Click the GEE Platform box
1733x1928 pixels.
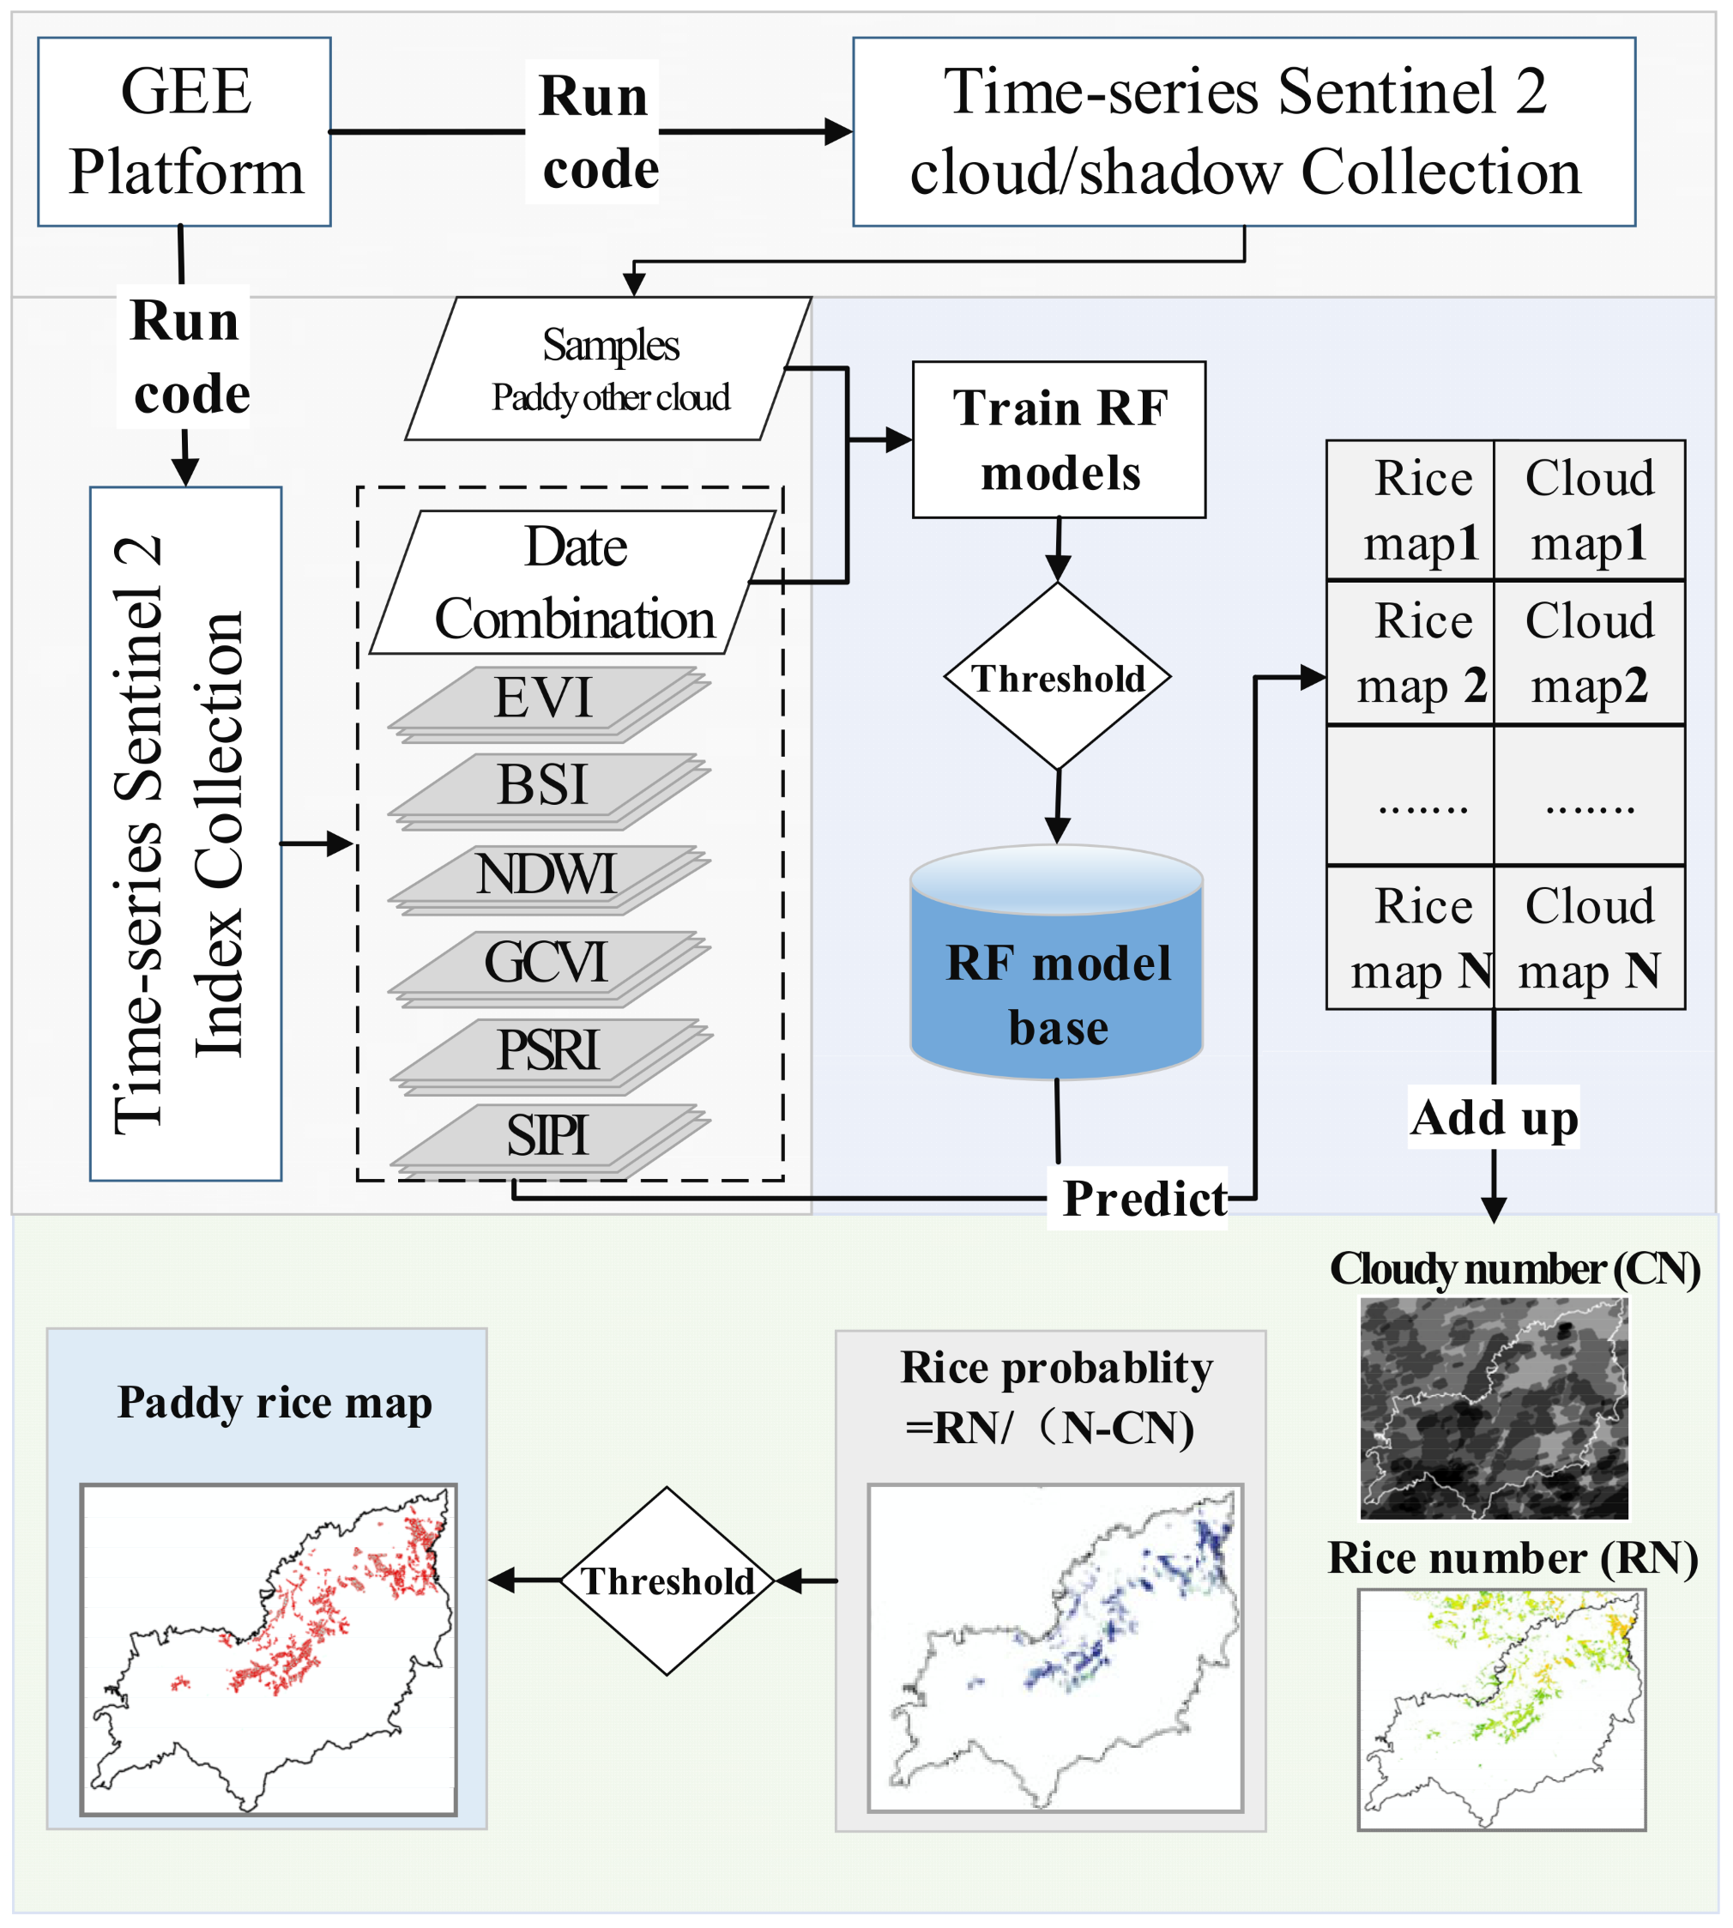click(184, 131)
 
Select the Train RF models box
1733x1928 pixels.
click(1059, 440)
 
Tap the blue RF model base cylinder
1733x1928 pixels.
click(1057, 981)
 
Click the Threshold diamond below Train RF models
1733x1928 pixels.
click(1057, 677)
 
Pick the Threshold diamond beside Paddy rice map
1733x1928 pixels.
click(667, 1580)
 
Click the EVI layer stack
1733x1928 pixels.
click(545, 700)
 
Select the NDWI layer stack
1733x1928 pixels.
click(546, 876)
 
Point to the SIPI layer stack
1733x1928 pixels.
click(546, 1137)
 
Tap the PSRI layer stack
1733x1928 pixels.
click(548, 1052)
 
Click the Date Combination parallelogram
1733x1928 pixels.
click(574, 583)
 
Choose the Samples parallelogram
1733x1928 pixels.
click(609, 370)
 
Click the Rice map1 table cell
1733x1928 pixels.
click(1410, 511)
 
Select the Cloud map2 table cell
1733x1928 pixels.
click(1589, 653)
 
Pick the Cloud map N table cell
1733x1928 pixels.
click(1589, 938)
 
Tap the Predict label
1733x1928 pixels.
click(1144, 1198)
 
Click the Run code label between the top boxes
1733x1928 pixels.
click(595, 131)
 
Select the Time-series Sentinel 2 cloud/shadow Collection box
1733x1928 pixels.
click(1244, 131)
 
